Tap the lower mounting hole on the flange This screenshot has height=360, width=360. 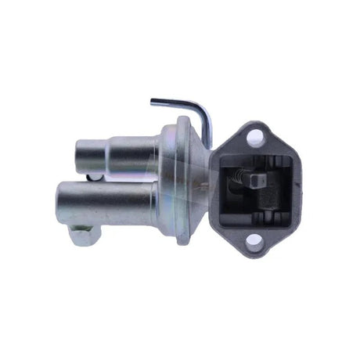(x=255, y=242)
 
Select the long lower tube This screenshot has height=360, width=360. (x=117, y=200)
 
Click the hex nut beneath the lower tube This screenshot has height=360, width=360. (x=84, y=234)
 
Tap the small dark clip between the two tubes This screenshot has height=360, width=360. (x=94, y=178)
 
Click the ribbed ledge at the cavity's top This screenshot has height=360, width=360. (x=254, y=159)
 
